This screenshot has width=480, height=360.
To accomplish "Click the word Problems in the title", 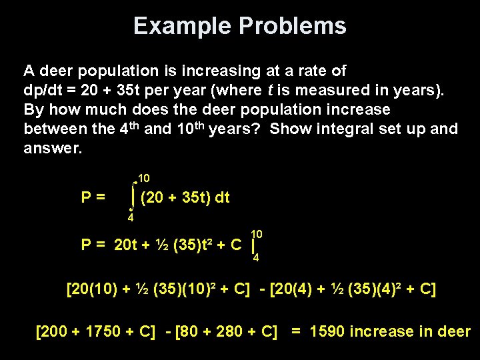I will pos(292,26).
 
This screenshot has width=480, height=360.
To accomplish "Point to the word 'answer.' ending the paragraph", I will pos(53,148).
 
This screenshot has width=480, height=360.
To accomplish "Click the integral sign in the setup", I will pos(133,197).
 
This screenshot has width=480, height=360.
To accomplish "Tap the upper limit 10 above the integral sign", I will pos(143,179).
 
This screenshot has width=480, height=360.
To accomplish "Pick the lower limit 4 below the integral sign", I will pos(131,217).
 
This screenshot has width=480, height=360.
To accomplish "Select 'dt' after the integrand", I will pos(222,197).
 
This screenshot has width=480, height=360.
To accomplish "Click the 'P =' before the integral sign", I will pos(93,197).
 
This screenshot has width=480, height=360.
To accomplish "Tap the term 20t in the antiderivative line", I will pos(125,245).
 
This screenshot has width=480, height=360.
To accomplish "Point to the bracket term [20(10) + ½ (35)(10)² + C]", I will pos(159,290).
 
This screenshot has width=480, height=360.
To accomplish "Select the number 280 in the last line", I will pos(233,331).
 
